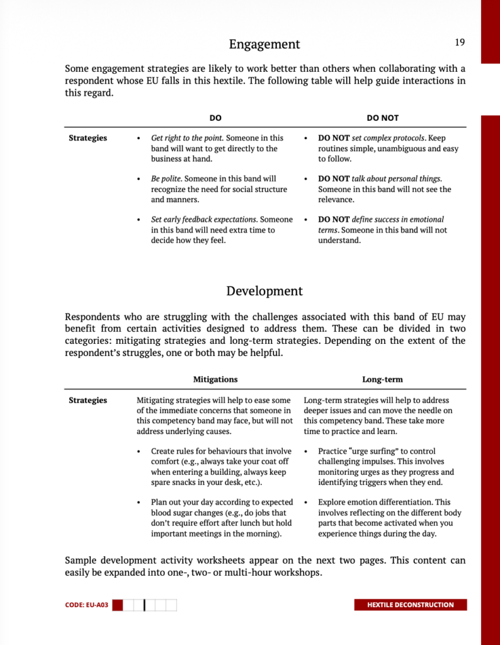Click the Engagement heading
tap(264, 44)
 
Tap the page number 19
tap(460, 42)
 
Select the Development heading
tap(264, 291)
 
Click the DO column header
tap(215, 118)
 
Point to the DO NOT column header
tap(382, 118)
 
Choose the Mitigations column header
tap(215, 380)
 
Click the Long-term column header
tap(382, 380)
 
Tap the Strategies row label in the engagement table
tap(88, 138)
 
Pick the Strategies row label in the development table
tap(88, 400)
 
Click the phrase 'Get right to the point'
tap(187, 138)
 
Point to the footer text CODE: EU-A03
tap(87, 605)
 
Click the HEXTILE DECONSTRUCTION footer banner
tap(411, 605)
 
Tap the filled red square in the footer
tap(126, 605)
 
